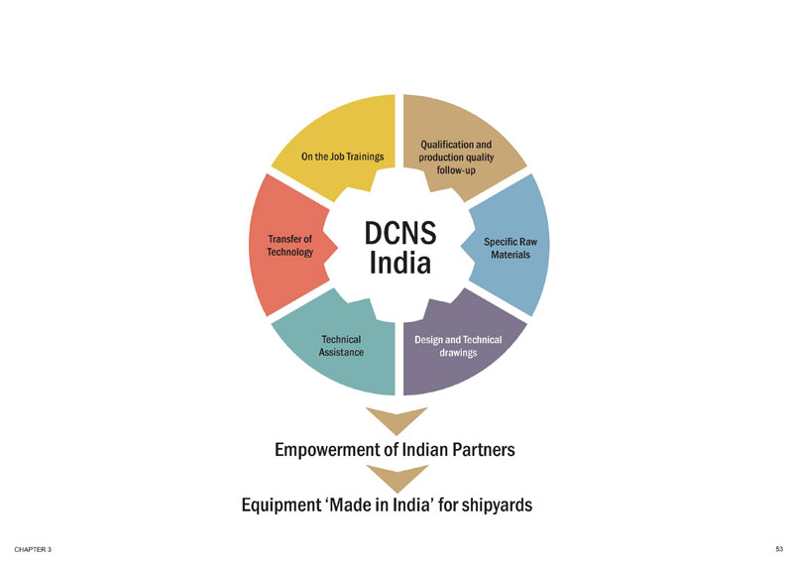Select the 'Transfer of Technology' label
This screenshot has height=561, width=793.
pos(290,245)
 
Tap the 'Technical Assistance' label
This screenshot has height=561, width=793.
pos(341,345)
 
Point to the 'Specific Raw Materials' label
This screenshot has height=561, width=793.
pos(510,248)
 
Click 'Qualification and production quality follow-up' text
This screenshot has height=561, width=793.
pos(456,157)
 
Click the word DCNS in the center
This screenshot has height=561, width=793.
pos(400,232)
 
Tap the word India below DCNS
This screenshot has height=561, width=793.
pos(400,264)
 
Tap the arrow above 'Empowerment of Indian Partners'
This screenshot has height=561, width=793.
pos(396,417)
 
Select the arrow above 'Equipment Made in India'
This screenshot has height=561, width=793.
pos(396,478)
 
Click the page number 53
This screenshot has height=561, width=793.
pos(779,548)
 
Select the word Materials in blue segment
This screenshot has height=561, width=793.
pos(510,255)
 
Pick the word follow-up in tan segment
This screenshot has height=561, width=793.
pos(456,170)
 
